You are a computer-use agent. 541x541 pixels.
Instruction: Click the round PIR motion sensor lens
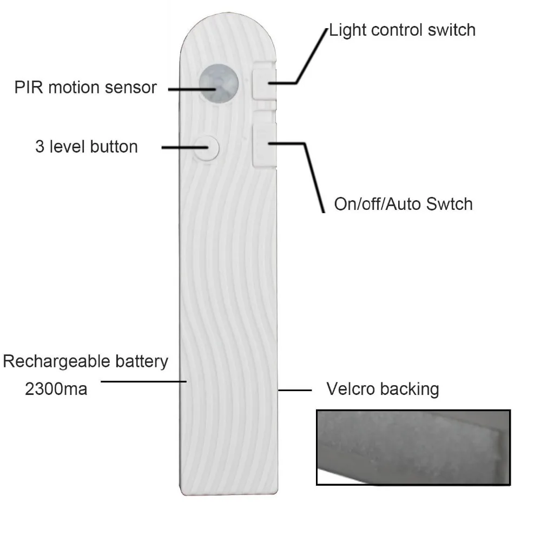point(219,84)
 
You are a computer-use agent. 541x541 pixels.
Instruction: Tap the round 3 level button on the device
point(206,147)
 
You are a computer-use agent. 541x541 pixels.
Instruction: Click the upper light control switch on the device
point(263,81)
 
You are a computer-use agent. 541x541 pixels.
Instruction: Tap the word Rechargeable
point(51,361)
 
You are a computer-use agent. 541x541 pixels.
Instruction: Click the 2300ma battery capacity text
point(56,388)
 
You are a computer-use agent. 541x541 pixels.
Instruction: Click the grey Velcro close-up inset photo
point(413,447)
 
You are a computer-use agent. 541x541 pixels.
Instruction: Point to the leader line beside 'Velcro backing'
point(295,390)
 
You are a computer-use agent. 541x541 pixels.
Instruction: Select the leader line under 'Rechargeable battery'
point(143,381)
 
